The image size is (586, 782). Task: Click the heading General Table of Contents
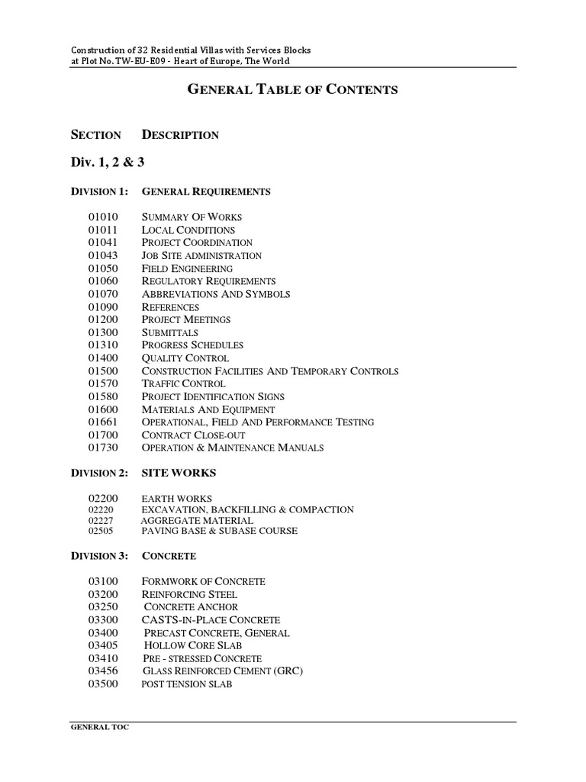tap(293, 89)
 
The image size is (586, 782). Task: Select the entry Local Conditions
tap(188, 230)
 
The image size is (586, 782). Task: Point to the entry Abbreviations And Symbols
tap(216, 294)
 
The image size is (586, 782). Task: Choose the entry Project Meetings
tap(186, 319)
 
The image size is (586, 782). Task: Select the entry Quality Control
tap(185, 358)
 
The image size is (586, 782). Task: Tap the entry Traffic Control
tap(184, 383)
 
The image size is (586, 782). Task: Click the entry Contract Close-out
tap(194, 435)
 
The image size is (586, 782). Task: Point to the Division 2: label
tap(99, 473)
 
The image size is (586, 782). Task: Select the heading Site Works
tap(179, 473)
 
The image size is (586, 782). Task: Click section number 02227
tap(101, 520)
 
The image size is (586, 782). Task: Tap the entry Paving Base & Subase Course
tap(220, 531)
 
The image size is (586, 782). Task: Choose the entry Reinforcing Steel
tap(190, 594)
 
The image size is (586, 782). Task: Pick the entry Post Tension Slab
tap(187, 684)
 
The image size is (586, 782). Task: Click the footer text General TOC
tap(100, 728)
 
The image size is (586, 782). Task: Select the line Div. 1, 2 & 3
tap(108, 162)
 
